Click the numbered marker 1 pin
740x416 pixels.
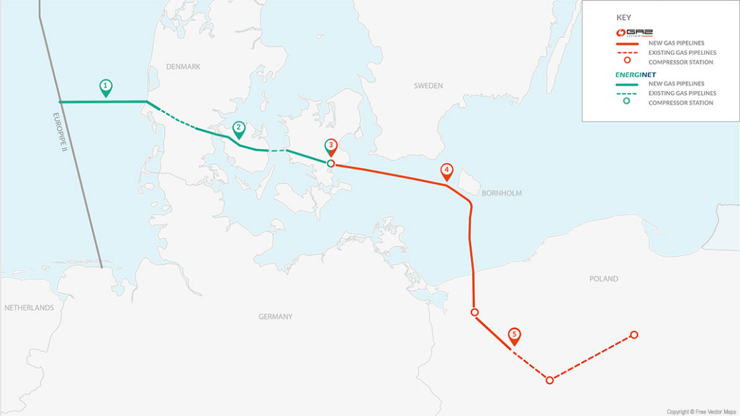point(106,87)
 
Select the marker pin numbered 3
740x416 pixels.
point(331,147)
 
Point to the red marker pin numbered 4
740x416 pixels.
point(447,171)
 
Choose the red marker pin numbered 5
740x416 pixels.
point(514,336)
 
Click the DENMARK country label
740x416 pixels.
point(183,67)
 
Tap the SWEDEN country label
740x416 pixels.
point(428,86)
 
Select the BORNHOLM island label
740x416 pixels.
point(502,193)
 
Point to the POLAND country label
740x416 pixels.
point(604,279)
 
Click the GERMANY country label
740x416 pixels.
point(275,317)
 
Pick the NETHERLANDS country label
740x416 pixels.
point(29,308)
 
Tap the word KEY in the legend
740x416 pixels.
point(624,18)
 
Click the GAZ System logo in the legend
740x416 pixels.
point(634,32)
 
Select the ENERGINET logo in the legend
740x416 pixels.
point(635,75)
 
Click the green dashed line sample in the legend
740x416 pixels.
point(627,93)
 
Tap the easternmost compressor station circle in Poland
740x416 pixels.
point(634,335)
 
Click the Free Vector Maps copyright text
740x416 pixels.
point(700,412)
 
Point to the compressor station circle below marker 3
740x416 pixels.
point(331,164)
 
